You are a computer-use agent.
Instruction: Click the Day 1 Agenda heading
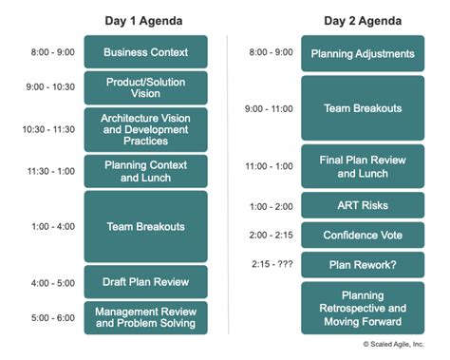point(145,20)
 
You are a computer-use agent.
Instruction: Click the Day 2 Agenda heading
point(363,20)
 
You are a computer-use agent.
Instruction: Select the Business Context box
point(145,52)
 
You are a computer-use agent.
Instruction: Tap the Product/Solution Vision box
point(145,88)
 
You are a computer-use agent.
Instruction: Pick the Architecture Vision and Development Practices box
point(145,129)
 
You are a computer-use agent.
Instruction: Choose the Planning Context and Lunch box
point(145,171)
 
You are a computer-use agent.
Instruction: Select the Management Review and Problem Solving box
point(145,316)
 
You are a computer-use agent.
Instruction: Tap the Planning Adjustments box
point(363,53)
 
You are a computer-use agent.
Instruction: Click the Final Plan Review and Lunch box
point(363,166)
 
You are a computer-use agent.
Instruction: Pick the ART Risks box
point(363,205)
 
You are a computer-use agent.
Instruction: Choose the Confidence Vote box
point(363,236)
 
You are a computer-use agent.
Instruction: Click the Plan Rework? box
point(363,265)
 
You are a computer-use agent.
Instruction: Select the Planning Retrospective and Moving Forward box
point(363,308)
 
